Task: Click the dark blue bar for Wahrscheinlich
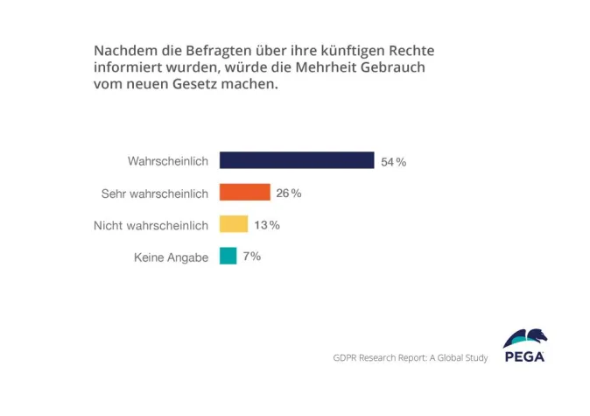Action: [297, 160]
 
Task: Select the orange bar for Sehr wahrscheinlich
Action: [245, 193]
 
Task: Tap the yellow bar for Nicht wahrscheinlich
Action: [234, 224]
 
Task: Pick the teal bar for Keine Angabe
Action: [228, 256]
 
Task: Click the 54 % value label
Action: [394, 162]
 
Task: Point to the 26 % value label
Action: [289, 194]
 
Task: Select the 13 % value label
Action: [267, 225]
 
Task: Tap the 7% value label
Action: [252, 257]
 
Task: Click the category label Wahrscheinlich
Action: [168, 161]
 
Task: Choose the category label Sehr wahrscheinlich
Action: [155, 194]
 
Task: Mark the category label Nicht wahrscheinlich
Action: [151, 225]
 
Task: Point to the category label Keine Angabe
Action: [171, 257]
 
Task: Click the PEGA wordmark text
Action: [525, 356]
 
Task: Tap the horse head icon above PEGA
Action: [526, 338]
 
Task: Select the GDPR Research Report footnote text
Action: [410, 357]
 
